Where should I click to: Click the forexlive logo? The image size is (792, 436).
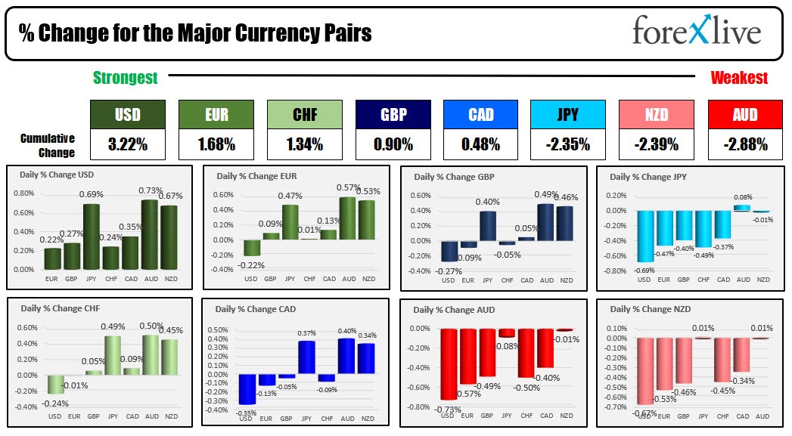696,32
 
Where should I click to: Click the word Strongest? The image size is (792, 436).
125,78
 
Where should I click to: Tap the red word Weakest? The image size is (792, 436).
738,78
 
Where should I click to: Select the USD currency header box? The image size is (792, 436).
127,115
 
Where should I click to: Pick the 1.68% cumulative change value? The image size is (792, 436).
216,144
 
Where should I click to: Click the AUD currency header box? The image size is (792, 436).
745,115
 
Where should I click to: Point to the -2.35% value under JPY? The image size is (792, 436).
567,144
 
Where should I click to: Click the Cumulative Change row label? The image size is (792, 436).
48,145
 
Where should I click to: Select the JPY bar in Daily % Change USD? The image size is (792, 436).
92,237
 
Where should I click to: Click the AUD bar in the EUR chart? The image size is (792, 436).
349,218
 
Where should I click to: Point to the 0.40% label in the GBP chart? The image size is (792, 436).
487,202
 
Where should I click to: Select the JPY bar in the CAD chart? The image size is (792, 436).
306,357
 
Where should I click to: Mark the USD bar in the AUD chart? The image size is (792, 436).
449,363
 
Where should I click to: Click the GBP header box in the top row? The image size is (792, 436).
393,115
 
